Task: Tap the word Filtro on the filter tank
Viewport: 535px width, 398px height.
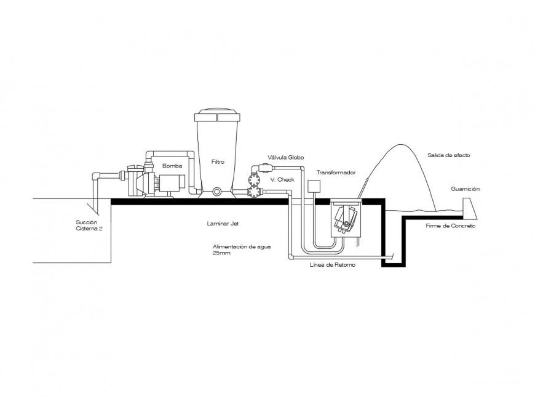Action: (x=218, y=162)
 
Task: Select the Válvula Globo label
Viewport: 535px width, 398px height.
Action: (x=285, y=157)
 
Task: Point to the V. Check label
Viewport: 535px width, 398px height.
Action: (x=282, y=179)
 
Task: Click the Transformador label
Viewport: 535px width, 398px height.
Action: (x=335, y=173)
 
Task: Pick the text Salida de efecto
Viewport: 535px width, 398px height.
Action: (x=448, y=155)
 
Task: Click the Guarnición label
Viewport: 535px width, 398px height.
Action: (x=464, y=189)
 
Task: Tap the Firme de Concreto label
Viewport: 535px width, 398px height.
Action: (x=450, y=226)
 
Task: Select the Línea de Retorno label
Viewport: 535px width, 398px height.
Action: (x=332, y=264)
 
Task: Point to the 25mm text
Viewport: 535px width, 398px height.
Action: (x=221, y=253)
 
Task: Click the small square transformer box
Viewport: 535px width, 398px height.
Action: (x=314, y=187)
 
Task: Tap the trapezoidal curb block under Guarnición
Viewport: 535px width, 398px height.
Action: (x=469, y=208)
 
